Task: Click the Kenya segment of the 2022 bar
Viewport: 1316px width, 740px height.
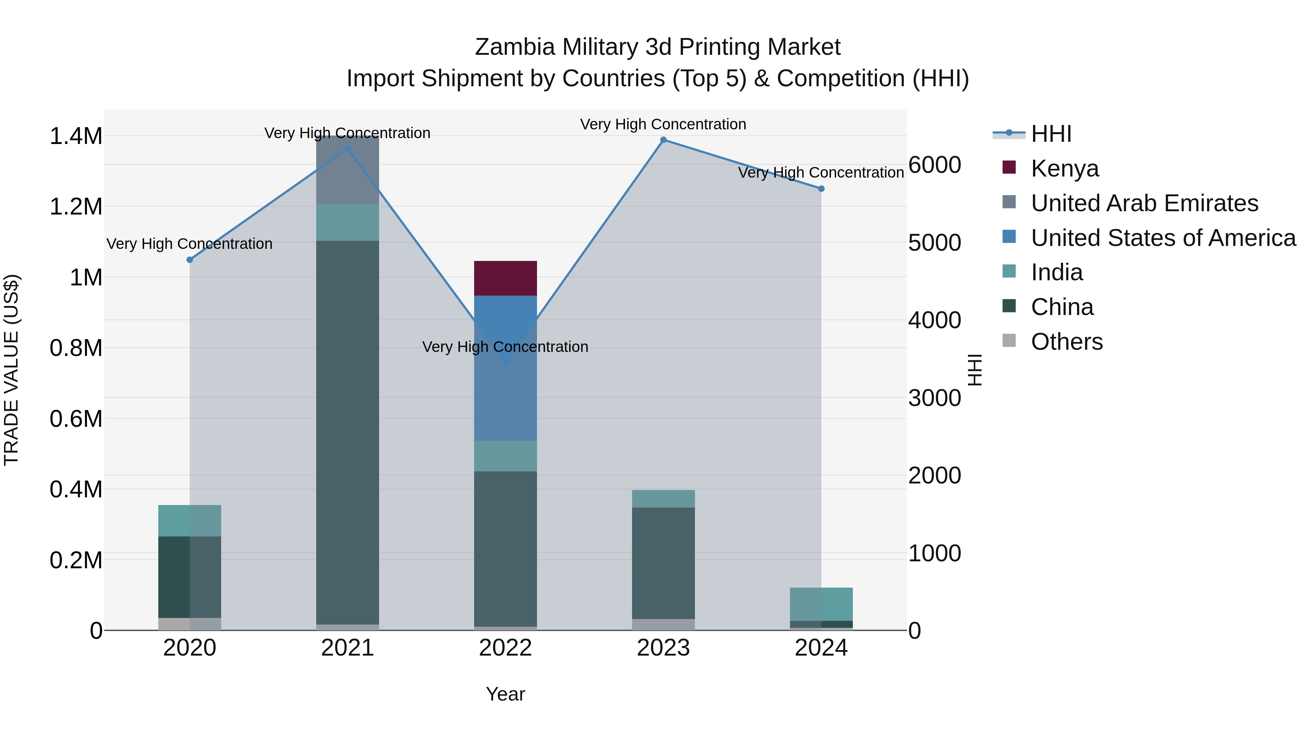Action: coord(505,278)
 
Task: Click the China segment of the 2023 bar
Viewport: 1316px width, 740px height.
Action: coord(663,563)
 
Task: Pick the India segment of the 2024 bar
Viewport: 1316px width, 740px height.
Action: coord(821,604)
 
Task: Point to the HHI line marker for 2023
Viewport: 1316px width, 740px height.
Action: coord(663,140)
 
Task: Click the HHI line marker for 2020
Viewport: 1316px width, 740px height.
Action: coord(189,260)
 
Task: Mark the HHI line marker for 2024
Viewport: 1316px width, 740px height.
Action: coord(821,189)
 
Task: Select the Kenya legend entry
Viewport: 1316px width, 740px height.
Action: coord(1064,168)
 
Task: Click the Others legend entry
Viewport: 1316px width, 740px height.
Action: coord(1066,342)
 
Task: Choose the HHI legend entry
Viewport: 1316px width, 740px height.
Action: coord(1051,134)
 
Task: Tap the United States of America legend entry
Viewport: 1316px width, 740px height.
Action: coord(1163,238)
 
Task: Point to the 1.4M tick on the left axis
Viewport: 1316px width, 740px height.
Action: coord(76,136)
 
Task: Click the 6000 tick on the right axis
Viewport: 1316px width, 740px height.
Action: coord(934,165)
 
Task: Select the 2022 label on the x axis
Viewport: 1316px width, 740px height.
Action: coord(505,648)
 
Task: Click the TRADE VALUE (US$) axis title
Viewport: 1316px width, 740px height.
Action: coord(11,370)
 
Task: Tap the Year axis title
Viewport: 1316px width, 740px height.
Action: coord(505,694)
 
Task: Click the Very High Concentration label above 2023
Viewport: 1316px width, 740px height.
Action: coord(663,124)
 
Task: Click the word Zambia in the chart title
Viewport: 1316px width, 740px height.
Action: coord(514,47)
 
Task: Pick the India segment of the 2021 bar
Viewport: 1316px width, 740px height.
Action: coord(347,222)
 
